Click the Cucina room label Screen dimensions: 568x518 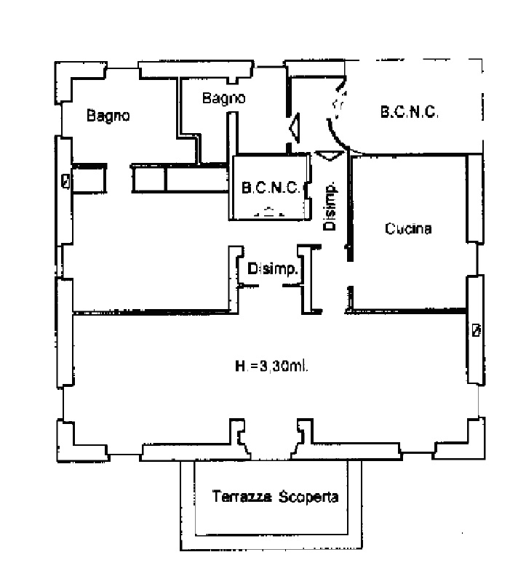408,229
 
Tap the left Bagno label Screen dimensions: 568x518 108,115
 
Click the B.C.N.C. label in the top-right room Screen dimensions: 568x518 409,113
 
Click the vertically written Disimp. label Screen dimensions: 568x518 330,206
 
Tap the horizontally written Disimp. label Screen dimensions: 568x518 273,269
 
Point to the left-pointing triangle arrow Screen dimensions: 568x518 295,129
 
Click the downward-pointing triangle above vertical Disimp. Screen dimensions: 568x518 328,155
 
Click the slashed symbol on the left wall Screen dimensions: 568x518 66,181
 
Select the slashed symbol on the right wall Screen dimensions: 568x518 476,330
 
